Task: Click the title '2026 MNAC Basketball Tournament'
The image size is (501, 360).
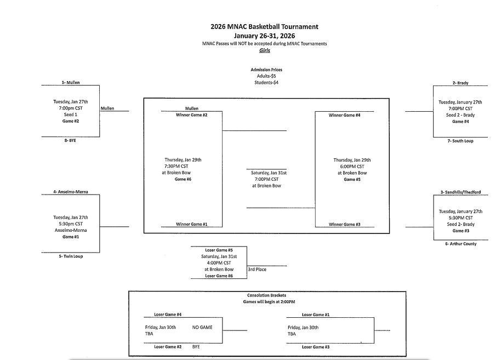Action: point(264,26)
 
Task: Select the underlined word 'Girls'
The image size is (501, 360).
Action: point(265,50)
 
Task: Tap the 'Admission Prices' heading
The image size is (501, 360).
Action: point(266,70)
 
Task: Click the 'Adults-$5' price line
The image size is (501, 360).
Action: point(266,76)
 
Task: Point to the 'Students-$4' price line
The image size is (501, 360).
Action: point(266,83)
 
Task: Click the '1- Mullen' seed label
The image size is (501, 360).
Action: point(71,83)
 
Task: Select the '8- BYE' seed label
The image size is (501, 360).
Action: point(69,141)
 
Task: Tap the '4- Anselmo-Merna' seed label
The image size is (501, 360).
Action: point(71,192)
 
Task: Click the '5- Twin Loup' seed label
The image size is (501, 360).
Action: point(71,256)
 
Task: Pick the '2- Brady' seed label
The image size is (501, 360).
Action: point(460,83)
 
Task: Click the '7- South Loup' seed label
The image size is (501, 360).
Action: point(460,141)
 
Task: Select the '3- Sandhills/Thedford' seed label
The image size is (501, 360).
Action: point(460,193)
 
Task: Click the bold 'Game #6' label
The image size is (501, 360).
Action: point(183,179)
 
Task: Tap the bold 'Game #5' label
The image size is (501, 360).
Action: point(352,179)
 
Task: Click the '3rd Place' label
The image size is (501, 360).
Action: point(257,270)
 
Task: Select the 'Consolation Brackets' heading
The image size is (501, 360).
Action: point(266,296)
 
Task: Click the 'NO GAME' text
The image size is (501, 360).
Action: point(202,328)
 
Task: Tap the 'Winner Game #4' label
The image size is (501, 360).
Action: point(344,116)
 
